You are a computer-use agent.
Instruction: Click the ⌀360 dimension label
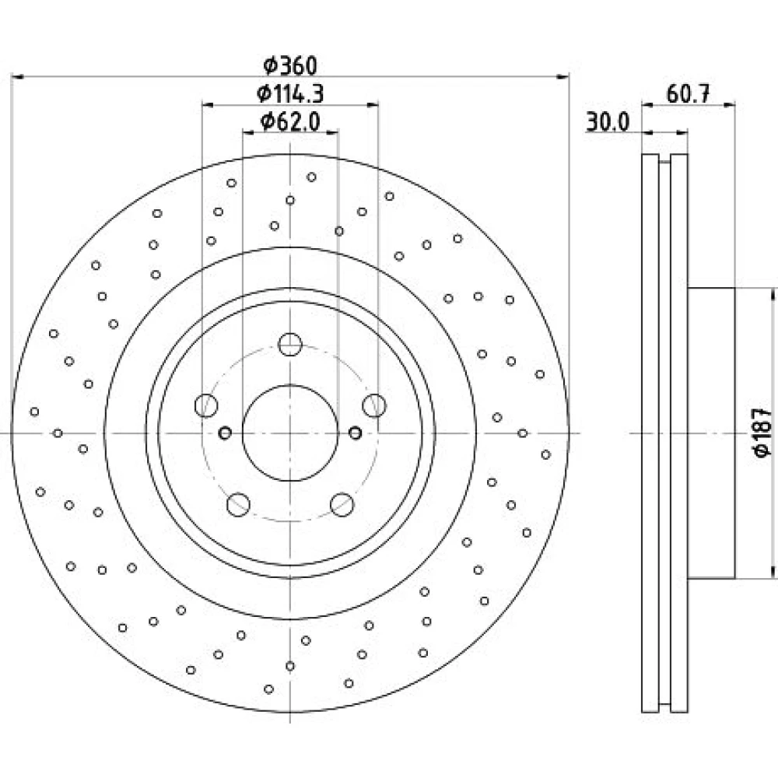[289, 65]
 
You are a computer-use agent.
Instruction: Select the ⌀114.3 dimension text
[290, 93]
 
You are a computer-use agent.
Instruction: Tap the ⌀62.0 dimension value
[290, 121]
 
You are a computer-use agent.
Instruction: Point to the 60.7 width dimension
[689, 93]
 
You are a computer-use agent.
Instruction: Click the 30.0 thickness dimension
[608, 121]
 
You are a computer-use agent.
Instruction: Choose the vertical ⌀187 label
[762, 432]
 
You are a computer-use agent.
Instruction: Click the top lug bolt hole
[290, 345]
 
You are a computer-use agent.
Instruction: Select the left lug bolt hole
[206, 405]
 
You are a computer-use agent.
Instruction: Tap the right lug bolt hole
[374, 405]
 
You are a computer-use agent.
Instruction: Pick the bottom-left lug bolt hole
[238, 505]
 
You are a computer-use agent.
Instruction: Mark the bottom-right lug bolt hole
[342, 505]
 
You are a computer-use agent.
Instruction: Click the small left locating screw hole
[225, 433]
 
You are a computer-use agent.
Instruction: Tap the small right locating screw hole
[356, 433]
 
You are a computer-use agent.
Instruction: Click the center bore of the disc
[290, 433]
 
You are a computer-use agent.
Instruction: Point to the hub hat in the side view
[711, 433]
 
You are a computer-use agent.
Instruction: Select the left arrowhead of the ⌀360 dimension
[17, 77]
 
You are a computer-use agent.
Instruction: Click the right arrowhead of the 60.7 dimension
[729, 104]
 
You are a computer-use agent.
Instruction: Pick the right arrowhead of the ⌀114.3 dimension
[372, 105]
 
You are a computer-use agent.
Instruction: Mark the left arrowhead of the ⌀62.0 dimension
[249, 132]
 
